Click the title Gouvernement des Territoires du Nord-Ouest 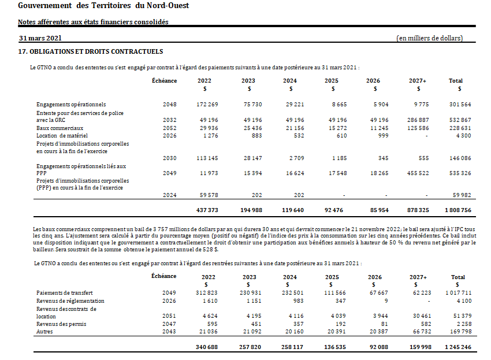pyautogui.click(x=103, y=6)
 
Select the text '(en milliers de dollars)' pyautogui.click(x=429, y=38)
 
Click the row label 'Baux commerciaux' pyautogui.click(x=60, y=128)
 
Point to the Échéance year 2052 pyautogui.click(x=169, y=128)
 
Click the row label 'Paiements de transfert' pyautogui.click(x=65, y=293)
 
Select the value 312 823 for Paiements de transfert pyautogui.click(x=207, y=293)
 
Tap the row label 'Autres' pyautogui.click(x=44, y=332)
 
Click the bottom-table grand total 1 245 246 pyautogui.click(x=455, y=347)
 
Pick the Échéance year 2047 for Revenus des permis pyautogui.click(x=169, y=324)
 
